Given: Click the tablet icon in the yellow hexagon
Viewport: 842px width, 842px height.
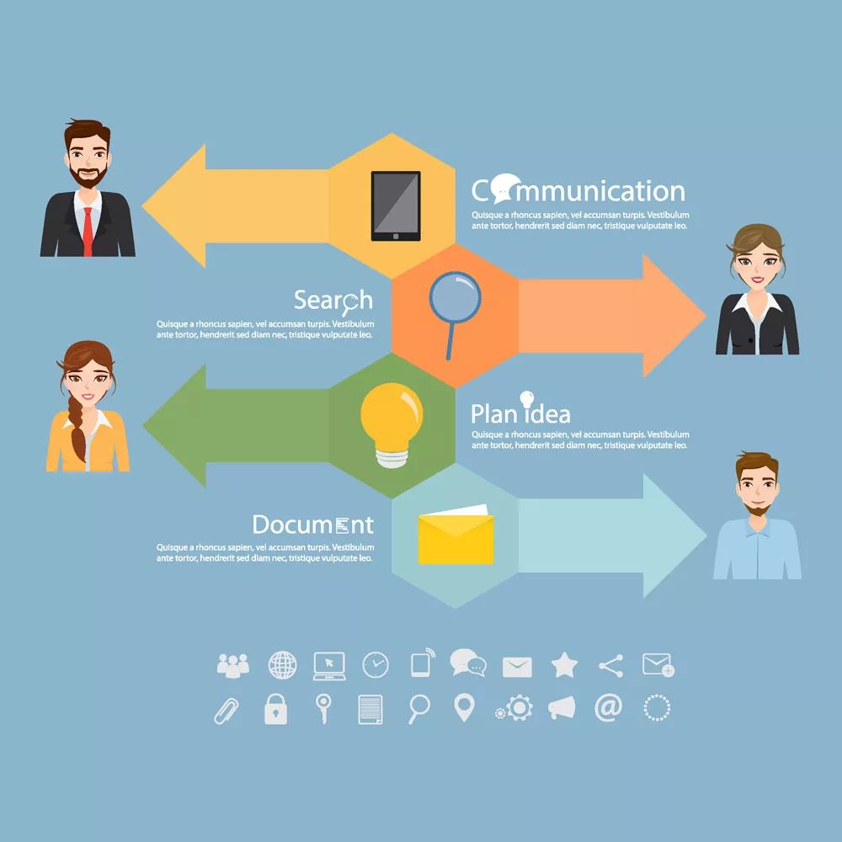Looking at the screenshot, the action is [396, 205].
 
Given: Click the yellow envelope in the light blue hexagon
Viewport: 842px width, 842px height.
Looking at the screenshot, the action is [456, 535].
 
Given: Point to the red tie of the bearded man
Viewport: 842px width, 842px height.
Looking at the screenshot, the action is [88, 232].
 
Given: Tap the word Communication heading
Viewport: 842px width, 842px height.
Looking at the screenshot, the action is [578, 189].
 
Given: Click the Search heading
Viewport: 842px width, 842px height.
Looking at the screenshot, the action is [333, 301].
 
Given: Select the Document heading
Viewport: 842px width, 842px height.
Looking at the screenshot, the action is [313, 525].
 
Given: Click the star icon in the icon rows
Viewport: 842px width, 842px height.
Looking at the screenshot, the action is [564, 665].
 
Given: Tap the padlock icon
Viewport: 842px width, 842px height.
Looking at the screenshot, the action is [275, 709].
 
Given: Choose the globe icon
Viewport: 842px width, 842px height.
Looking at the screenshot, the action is [282, 665].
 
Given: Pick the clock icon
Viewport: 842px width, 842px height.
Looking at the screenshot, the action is [376, 665].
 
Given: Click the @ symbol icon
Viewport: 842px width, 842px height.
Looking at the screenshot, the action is [609, 708].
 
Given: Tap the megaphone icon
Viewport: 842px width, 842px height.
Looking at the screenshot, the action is [562, 708].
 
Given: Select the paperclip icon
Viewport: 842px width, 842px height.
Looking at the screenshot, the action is [226, 711].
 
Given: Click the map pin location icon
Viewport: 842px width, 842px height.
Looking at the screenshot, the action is [465, 707].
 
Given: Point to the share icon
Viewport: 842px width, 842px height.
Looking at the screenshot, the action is [611, 666].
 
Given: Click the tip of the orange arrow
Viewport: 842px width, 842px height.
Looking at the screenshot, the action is [706, 316].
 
